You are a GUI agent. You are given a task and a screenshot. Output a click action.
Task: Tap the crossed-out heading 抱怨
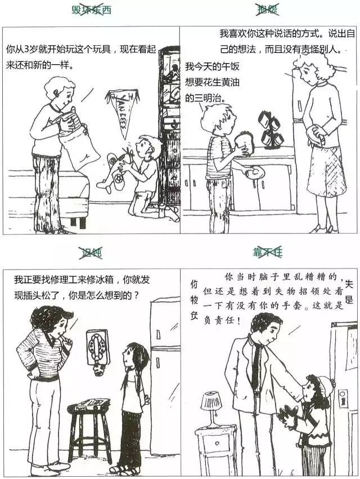coord(268,10)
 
